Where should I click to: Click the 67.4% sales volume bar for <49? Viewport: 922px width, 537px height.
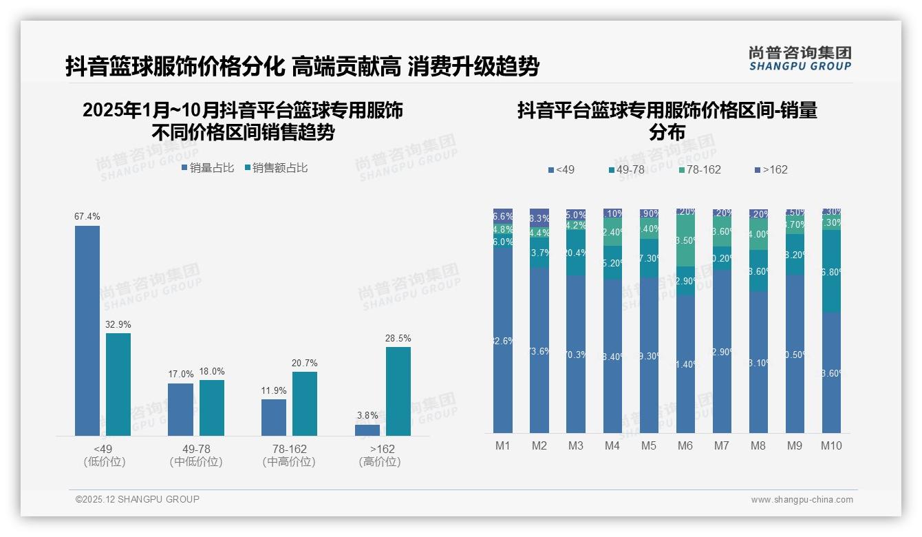pyautogui.click(x=87, y=330)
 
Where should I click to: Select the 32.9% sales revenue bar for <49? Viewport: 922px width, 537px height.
pyautogui.click(x=118, y=384)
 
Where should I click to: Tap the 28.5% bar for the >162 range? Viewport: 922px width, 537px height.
pyautogui.click(x=398, y=391)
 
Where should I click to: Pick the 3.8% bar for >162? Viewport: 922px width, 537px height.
pyautogui.click(x=367, y=430)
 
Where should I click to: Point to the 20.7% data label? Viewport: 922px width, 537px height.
pyautogui.click(x=305, y=363)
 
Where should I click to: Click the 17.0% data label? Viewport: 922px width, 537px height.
pyautogui.click(x=181, y=375)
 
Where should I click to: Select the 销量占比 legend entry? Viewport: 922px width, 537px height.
pyautogui.click(x=208, y=167)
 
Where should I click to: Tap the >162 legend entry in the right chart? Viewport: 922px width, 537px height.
pyautogui.click(x=771, y=169)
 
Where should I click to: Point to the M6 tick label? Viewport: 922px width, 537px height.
pyautogui.click(x=685, y=445)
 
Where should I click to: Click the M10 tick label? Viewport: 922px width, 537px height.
pyautogui.click(x=831, y=445)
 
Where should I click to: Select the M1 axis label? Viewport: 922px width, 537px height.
pyautogui.click(x=503, y=445)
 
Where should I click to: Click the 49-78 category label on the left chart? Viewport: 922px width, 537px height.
pyautogui.click(x=196, y=449)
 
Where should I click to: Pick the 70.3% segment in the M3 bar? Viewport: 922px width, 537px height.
pyautogui.click(x=576, y=355)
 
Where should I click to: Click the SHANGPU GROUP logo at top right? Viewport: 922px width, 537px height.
pyautogui.click(x=800, y=59)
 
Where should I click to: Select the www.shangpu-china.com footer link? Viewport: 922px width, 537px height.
pyautogui.click(x=802, y=500)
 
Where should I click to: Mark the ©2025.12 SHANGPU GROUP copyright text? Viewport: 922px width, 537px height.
pyautogui.click(x=138, y=499)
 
